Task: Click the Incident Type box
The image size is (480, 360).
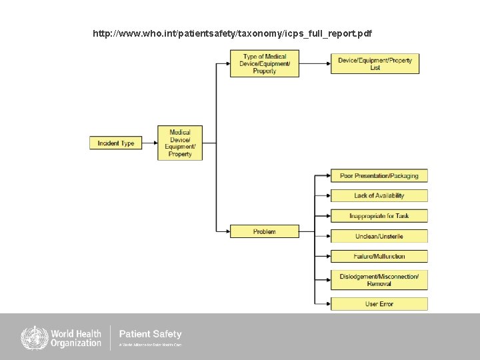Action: [x=116, y=143]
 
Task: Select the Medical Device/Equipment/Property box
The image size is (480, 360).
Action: [x=180, y=143]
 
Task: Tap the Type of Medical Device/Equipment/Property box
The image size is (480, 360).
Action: [x=265, y=63]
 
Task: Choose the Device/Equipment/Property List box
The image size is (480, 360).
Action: [x=375, y=64]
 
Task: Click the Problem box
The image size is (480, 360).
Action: [x=264, y=231]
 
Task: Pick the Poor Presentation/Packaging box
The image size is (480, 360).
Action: [x=379, y=176]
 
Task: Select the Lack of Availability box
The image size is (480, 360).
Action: [x=379, y=196]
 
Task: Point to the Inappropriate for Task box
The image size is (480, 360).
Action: [x=379, y=216]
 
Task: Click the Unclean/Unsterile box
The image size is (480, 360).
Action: [x=379, y=236]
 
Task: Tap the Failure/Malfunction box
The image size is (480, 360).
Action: [x=379, y=256]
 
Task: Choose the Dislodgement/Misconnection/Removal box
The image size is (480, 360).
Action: [x=379, y=280]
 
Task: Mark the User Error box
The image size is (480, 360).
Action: [x=379, y=304]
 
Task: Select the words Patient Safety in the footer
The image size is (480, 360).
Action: [x=150, y=334]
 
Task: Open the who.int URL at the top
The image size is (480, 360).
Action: [x=233, y=33]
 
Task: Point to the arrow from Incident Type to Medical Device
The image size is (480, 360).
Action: [x=150, y=143]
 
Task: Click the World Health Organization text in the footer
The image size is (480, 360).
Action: [x=75, y=337]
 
